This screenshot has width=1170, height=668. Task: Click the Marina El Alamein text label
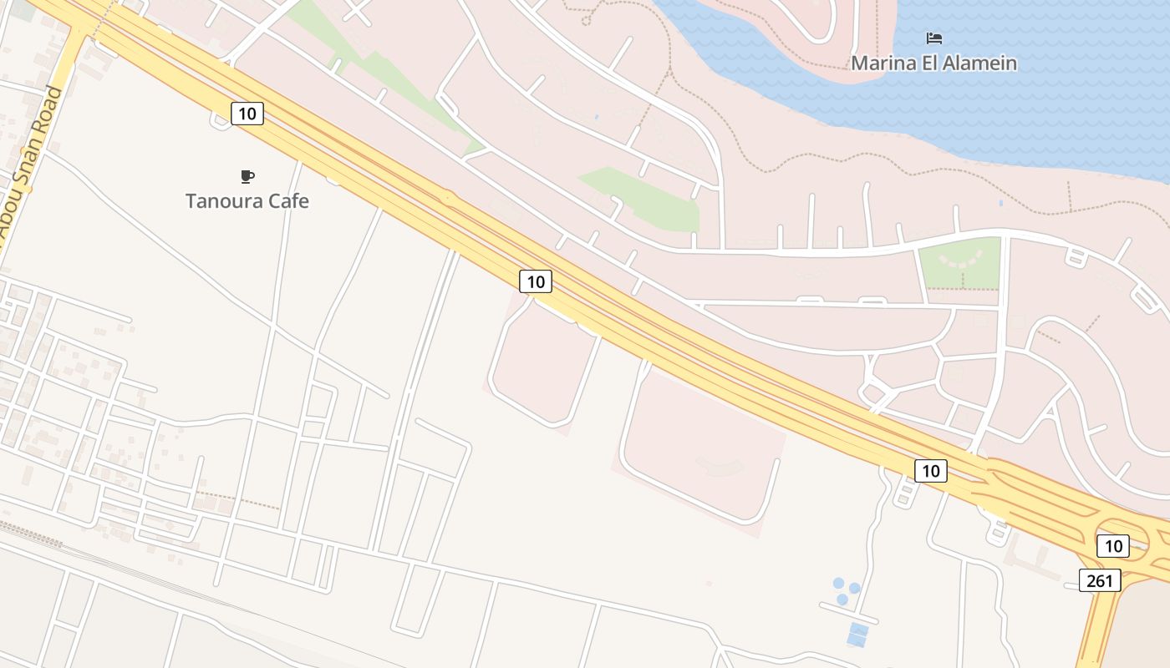[x=933, y=63]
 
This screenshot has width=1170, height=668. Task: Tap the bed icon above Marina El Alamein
[x=934, y=38]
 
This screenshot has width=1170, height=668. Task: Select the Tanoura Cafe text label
[x=247, y=201]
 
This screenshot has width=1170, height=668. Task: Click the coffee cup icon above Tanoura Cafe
[x=247, y=176]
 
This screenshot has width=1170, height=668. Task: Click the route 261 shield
[x=1099, y=580]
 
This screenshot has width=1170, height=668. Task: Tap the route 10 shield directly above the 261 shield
[x=1112, y=546]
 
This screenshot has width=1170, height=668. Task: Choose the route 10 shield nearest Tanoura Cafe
[x=247, y=113]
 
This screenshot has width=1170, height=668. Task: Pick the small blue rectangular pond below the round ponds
[x=857, y=635]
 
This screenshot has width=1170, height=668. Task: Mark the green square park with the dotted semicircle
[x=959, y=262]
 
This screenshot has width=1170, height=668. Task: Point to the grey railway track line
[x=125, y=568]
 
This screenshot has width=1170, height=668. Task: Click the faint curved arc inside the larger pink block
[x=720, y=468]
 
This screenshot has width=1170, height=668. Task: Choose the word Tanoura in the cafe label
[x=221, y=201]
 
